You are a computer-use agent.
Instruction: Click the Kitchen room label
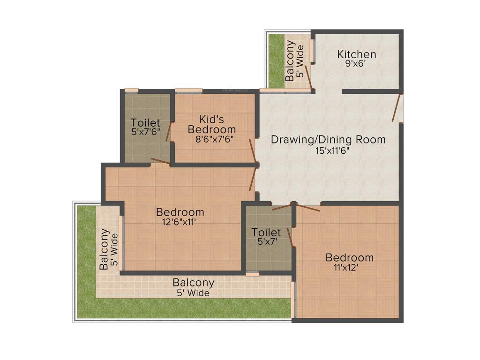(x=356, y=55)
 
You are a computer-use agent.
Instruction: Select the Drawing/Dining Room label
(x=328, y=139)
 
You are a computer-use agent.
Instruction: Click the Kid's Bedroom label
(x=211, y=124)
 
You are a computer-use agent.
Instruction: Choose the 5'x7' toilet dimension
(x=266, y=243)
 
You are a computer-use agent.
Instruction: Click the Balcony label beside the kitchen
(x=290, y=61)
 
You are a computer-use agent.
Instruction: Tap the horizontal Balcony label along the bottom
(x=194, y=283)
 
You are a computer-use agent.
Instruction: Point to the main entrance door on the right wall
(x=397, y=108)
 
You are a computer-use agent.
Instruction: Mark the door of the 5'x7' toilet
(x=282, y=206)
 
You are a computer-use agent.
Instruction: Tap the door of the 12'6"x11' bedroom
(x=254, y=178)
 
